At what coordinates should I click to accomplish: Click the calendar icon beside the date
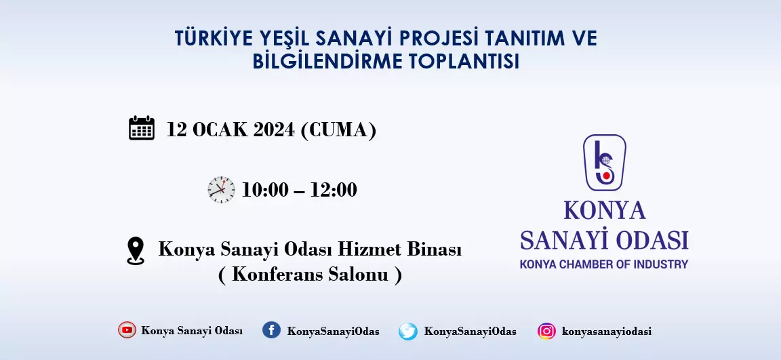[x=142, y=128]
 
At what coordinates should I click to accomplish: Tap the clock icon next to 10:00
[x=221, y=190]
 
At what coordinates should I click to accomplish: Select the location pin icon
[x=136, y=250]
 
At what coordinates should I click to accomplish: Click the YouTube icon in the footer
[x=127, y=329]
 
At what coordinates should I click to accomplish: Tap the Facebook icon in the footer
[x=271, y=329]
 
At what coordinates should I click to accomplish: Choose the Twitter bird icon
[x=408, y=331]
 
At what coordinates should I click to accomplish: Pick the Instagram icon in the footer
[x=546, y=331]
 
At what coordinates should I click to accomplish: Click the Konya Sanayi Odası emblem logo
[x=605, y=163]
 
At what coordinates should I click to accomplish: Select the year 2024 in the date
[x=273, y=130]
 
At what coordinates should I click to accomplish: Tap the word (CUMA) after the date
[x=338, y=130]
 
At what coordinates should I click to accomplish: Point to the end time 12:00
[x=334, y=191]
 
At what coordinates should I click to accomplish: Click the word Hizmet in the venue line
[x=370, y=249]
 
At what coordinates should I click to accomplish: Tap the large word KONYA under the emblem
[x=605, y=210]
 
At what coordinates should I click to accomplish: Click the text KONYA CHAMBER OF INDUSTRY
[x=603, y=264]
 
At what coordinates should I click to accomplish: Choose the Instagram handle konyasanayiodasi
[x=606, y=332]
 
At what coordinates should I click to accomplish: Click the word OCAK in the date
[x=220, y=130]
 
